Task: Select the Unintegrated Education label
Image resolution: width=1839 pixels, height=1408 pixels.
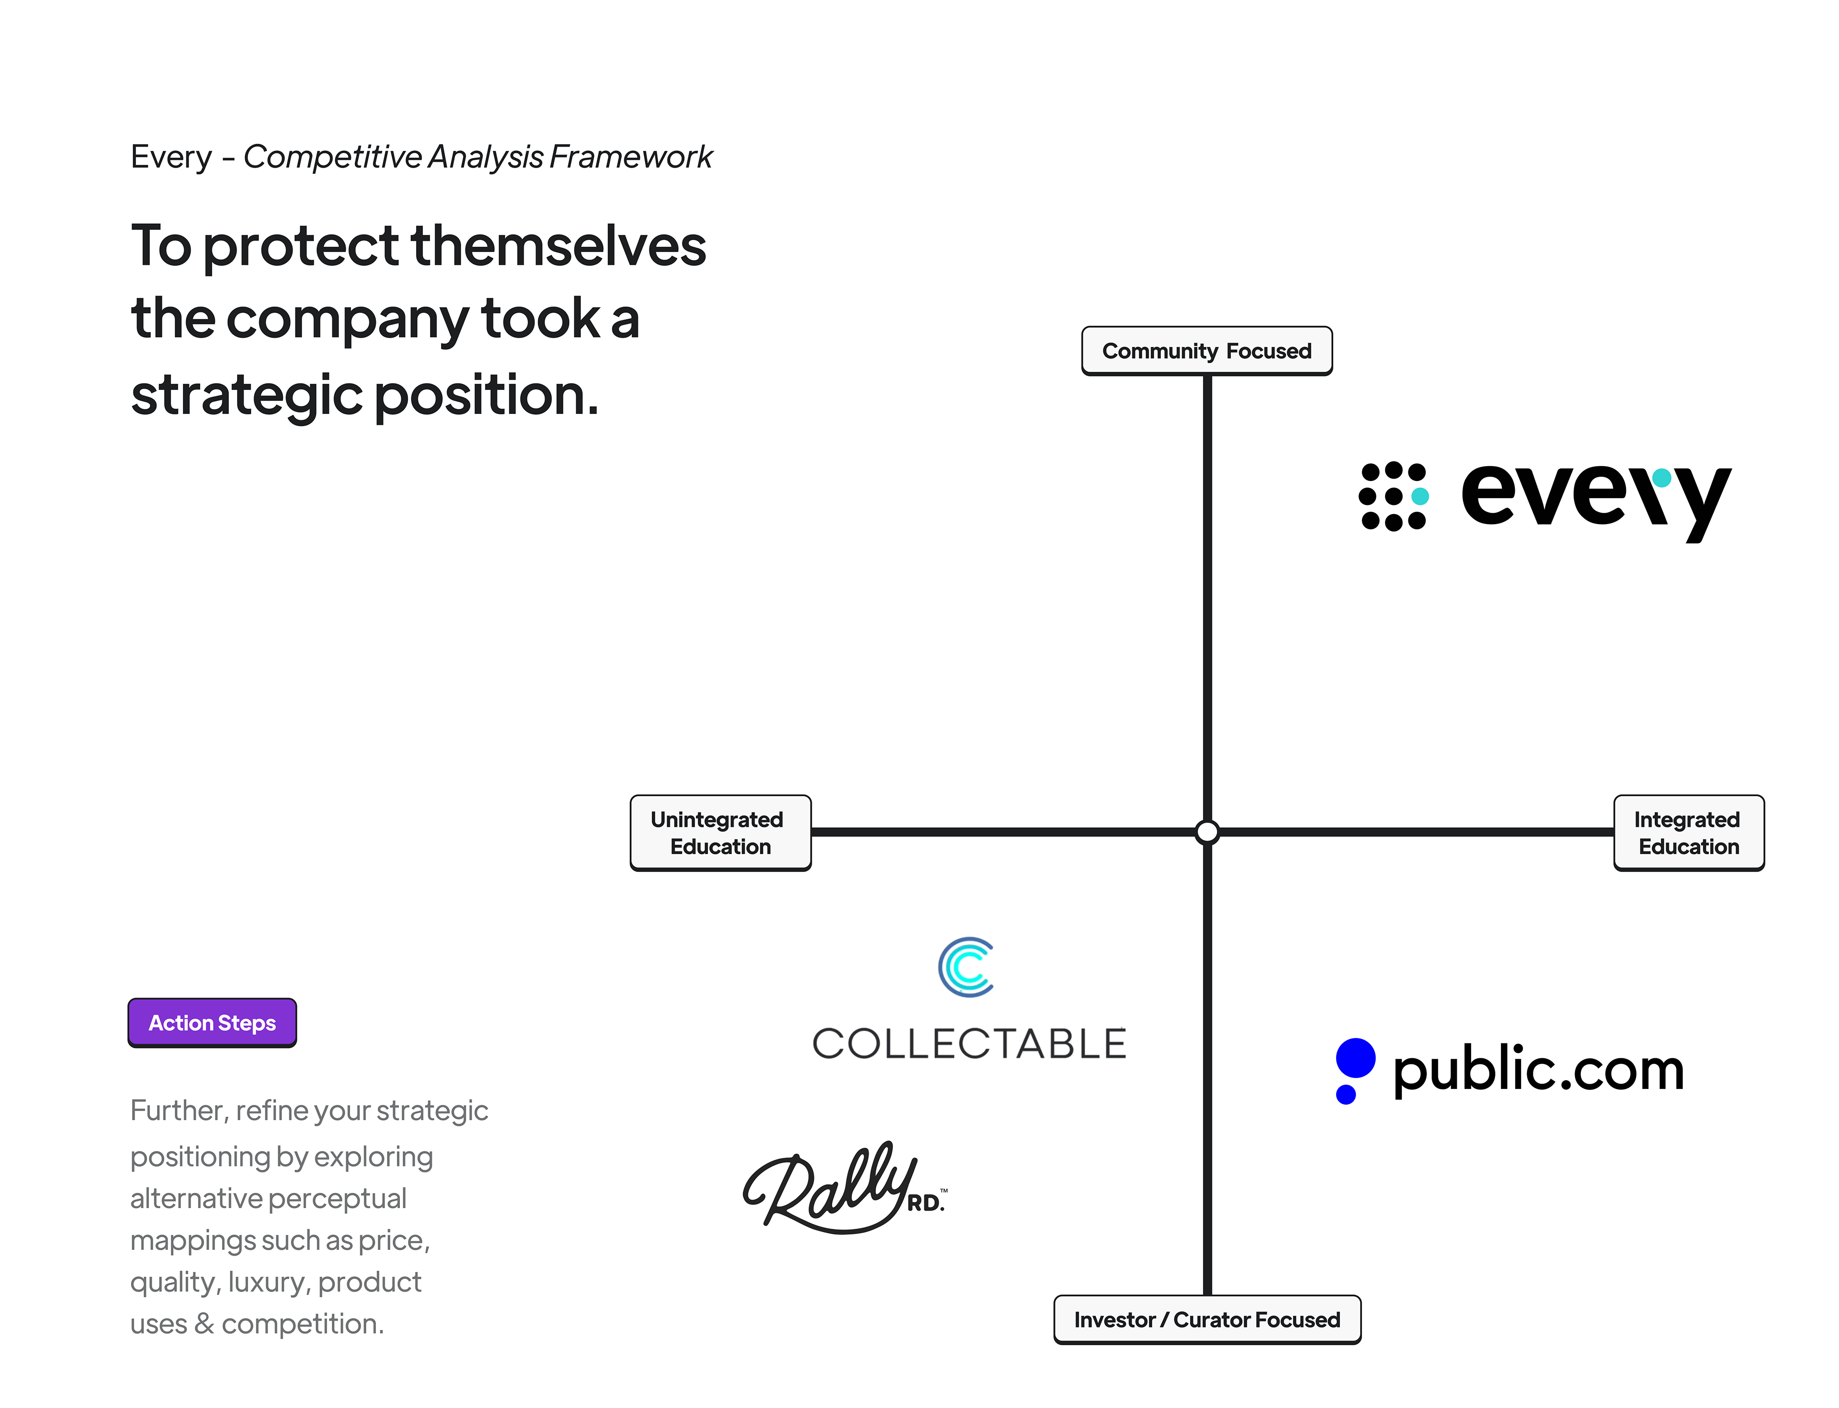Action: [720, 832]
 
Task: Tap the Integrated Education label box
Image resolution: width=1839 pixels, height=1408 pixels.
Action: [1688, 832]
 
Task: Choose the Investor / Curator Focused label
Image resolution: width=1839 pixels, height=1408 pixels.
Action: [1206, 1319]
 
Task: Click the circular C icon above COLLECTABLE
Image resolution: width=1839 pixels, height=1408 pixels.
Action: [967, 967]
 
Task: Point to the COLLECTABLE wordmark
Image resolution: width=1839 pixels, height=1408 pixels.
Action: [969, 1043]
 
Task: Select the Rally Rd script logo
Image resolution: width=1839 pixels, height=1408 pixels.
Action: [842, 1189]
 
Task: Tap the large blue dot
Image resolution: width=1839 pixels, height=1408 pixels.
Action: [1356, 1058]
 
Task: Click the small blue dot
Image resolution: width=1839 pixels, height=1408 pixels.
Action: [1346, 1095]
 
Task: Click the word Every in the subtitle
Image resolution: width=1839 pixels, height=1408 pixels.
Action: [172, 157]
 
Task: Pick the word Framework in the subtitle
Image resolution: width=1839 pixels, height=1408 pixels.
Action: [631, 157]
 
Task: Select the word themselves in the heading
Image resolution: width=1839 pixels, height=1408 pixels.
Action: [559, 246]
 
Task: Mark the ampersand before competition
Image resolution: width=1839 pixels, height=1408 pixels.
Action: [204, 1324]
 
